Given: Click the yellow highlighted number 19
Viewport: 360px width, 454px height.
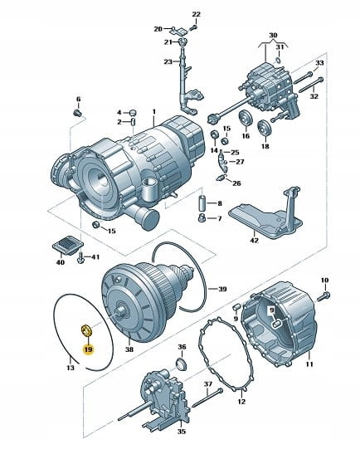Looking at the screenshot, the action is tap(88, 349).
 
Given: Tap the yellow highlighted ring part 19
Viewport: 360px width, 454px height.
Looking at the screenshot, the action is tap(86, 330).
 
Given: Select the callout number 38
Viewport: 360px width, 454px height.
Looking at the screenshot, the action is tap(129, 349).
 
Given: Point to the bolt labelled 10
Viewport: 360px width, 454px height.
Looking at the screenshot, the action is tap(324, 296).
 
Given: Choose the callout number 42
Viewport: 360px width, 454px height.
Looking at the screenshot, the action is tap(254, 241).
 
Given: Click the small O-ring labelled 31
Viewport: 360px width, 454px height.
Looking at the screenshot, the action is tap(277, 61).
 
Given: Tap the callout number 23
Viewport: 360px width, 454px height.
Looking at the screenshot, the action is tap(168, 61).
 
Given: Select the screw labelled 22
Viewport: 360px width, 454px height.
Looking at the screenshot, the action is tap(193, 27).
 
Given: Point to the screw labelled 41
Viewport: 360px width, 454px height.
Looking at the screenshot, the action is tap(80, 258).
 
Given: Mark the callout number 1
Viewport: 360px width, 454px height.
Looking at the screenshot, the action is tap(154, 111).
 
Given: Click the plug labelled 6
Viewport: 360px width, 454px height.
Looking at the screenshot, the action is tap(77, 113).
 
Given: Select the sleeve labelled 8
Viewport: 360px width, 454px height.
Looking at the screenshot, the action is tap(203, 203).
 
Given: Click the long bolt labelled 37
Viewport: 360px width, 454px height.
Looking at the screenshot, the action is tap(207, 398).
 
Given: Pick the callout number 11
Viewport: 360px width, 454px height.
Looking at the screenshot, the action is tap(309, 364).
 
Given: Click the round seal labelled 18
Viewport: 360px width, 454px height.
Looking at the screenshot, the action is tap(264, 127).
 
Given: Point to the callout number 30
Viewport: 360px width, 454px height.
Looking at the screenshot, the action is tap(273, 35).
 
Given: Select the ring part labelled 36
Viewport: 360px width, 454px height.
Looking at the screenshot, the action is tap(182, 364).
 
